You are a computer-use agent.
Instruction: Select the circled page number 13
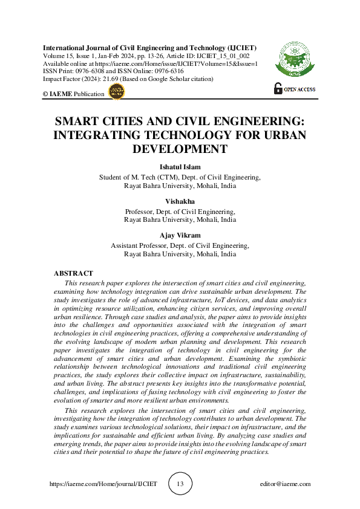coord(180,484)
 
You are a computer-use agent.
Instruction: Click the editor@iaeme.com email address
coord(284,484)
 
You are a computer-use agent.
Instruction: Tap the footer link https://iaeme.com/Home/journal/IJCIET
coord(103,484)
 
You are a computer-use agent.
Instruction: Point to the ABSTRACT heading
coord(73,274)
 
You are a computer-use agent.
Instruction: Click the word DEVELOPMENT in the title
coord(180,149)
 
